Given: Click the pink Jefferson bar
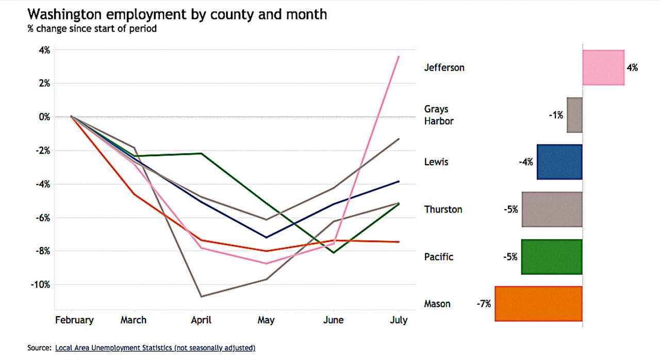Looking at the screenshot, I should click(603, 68).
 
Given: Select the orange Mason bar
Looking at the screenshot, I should click(538, 304).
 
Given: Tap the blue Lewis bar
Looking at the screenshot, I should click(559, 162).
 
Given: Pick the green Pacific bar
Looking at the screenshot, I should click(552, 257).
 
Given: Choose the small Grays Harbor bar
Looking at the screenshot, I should click(574, 115).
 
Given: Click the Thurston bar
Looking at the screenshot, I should click(552, 209).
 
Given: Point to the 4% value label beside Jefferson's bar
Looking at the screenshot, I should click(632, 68).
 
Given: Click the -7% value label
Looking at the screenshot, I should click(484, 304).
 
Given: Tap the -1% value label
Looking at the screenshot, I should click(556, 115).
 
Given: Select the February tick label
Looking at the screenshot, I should click(74, 320).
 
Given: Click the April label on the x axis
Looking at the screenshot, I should click(201, 320).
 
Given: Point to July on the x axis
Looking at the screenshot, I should click(398, 320).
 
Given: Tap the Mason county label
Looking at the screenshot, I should click(437, 304).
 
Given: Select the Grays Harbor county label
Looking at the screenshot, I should click(439, 115).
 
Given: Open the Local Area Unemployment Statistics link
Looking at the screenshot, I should click(155, 348).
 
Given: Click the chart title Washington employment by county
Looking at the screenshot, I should click(177, 14).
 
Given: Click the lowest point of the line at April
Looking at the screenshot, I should click(201, 297).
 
